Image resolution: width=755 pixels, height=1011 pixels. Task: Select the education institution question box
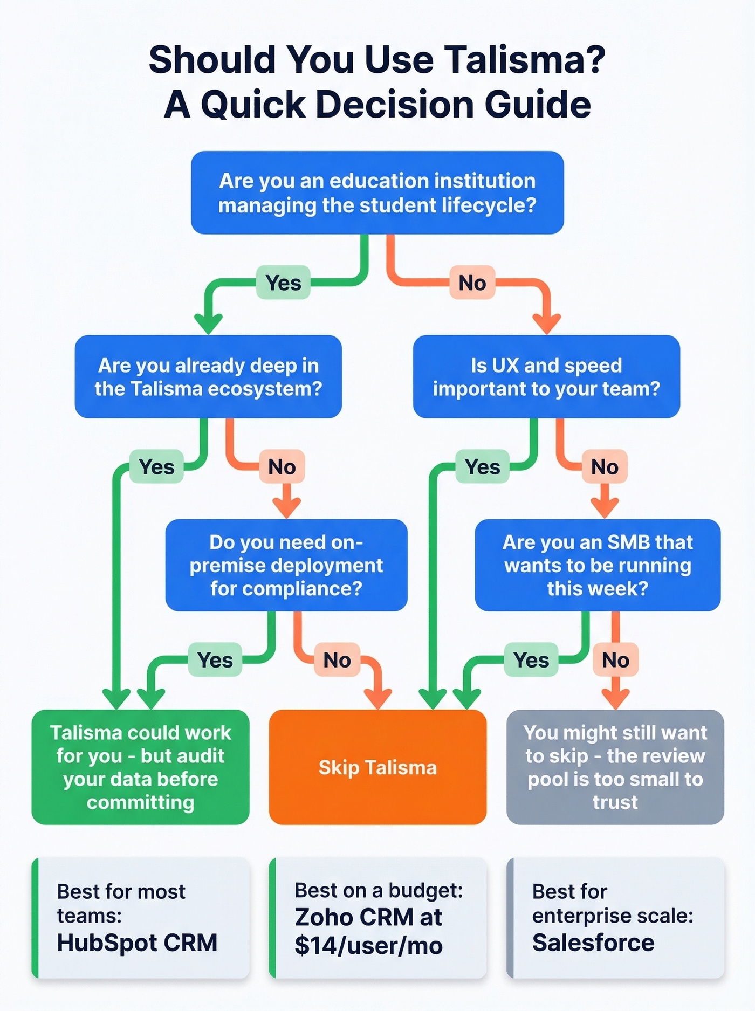(377, 192)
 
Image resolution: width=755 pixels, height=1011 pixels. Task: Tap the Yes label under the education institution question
(283, 283)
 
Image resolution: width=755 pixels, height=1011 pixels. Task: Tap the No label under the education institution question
(472, 283)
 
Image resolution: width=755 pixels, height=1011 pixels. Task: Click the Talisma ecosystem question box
(208, 377)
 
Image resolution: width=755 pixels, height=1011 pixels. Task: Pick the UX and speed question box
(546, 377)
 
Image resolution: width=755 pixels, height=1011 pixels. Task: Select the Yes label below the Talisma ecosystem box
(156, 466)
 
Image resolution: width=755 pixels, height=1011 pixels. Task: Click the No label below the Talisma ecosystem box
(282, 466)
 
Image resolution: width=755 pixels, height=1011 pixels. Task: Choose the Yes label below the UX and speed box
(482, 466)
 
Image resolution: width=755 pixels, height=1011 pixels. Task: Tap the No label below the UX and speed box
(604, 466)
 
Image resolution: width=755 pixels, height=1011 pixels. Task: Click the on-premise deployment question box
(286, 565)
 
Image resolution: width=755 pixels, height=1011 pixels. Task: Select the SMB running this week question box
(598, 565)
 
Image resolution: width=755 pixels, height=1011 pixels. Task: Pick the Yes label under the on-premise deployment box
(215, 659)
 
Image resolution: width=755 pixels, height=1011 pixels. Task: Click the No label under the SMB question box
(615, 659)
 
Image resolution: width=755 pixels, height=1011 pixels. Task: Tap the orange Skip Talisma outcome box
(377, 767)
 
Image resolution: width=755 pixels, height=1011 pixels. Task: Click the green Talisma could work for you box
(140, 767)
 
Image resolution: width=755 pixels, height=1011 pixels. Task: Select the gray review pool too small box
(615, 767)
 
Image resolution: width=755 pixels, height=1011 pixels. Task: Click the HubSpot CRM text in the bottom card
(137, 943)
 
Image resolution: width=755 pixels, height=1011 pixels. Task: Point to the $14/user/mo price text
(368, 945)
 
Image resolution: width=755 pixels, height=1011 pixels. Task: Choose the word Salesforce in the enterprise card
(593, 943)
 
